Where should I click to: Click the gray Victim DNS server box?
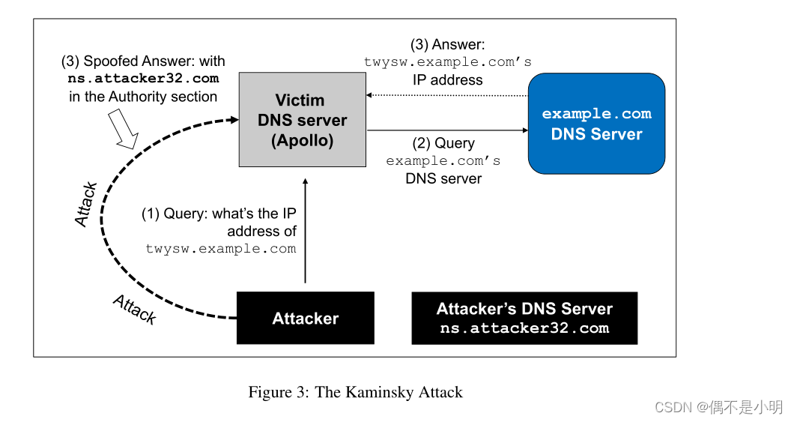point(302,120)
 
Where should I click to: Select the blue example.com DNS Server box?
point(596,124)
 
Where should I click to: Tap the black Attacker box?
point(305,319)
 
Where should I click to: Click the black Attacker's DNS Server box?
point(524,319)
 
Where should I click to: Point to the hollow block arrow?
point(123,129)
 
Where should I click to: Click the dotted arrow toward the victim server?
point(447,95)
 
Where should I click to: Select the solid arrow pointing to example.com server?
point(447,130)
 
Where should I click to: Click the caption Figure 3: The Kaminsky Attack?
point(355,392)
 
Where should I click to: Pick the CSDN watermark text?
point(718,407)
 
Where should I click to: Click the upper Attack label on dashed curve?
point(86,204)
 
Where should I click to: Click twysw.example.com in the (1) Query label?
point(221,248)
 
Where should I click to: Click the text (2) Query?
point(443,143)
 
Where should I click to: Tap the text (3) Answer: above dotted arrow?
point(447,44)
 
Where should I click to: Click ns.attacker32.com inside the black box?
point(524,328)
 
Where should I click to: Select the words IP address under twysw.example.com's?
point(447,79)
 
